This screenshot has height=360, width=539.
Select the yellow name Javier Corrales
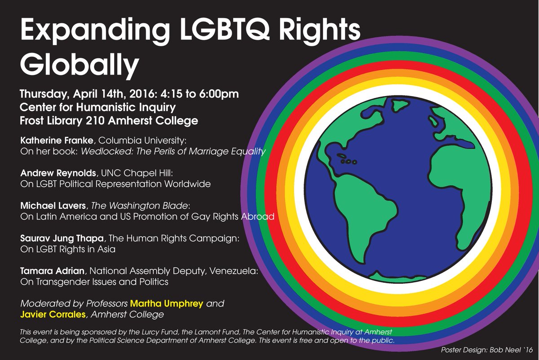click(x=53, y=315)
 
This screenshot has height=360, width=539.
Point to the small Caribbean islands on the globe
click(x=349, y=161)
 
